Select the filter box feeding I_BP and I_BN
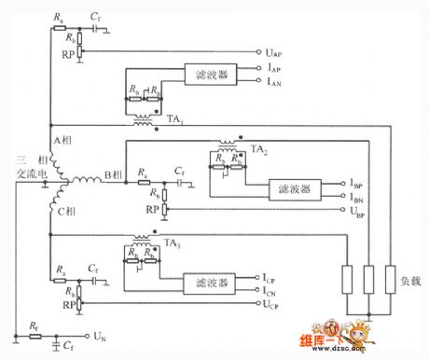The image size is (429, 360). point(294,189)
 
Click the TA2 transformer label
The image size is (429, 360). point(263,148)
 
